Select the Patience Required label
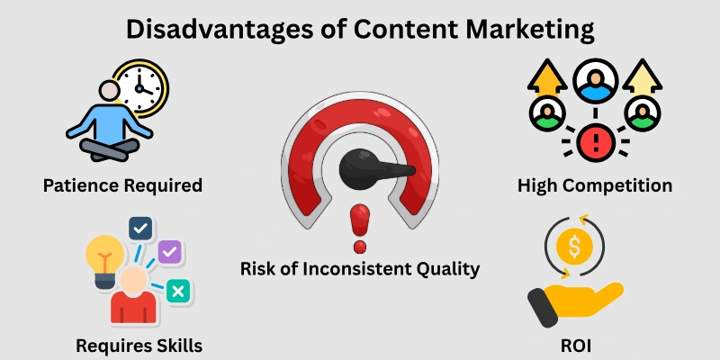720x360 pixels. [122, 185]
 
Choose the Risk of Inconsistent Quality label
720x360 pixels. [360, 267]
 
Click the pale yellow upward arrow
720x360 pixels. [642, 82]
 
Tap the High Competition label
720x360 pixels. [595, 185]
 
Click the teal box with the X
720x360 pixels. [178, 290]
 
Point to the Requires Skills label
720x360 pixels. [139, 344]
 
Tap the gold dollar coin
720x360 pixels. [573, 245]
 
